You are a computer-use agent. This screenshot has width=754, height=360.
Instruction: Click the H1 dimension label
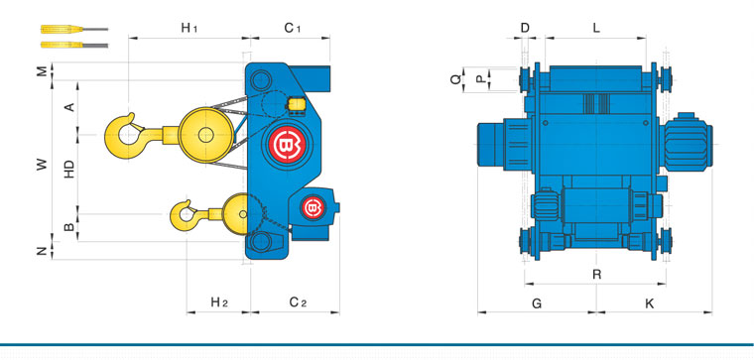[x=189, y=29]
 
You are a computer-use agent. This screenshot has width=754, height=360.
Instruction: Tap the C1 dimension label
[x=293, y=29]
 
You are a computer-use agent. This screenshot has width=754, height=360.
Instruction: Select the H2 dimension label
[x=219, y=302]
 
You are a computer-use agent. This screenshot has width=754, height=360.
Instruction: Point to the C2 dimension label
[x=299, y=302]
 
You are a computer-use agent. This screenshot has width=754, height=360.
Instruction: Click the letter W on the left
[x=43, y=165]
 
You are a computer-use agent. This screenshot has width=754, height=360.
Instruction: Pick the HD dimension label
[x=69, y=170]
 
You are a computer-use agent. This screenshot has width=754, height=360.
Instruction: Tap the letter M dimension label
[x=43, y=71]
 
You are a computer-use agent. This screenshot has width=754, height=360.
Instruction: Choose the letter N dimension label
[x=43, y=251]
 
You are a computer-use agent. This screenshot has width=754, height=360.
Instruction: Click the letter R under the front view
[x=597, y=275]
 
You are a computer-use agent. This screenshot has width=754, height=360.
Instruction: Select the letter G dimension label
[x=537, y=303]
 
